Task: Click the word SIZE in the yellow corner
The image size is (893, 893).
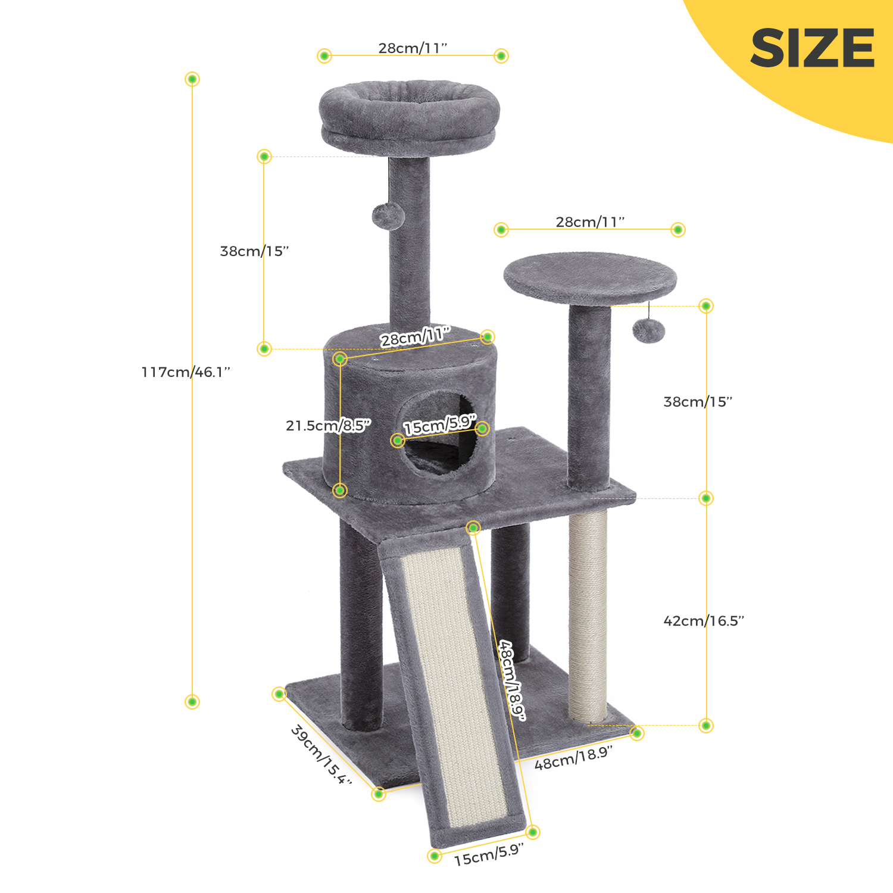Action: pyautogui.click(x=812, y=48)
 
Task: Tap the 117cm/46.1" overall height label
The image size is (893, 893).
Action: pyautogui.click(x=186, y=372)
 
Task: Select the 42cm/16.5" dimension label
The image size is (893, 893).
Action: pyautogui.click(x=704, y=621)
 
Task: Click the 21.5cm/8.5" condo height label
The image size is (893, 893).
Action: pyautogui.click(x=328, y=425)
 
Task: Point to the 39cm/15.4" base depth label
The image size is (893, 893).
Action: pyautogui.click(x=321, y=754)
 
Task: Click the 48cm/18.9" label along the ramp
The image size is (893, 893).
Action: pyautogui.click(x=513, y=680)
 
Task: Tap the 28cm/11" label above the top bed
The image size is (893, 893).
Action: pyautogui.click(x=413, y=48)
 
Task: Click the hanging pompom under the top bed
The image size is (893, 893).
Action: pyautogui.click(x=388, y=216)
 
